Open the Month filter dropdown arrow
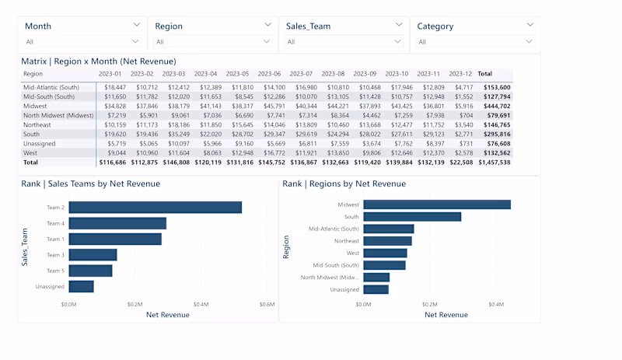tap(137, 26)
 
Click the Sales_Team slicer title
tap(308, 26)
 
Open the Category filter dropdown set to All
tap(475, 41)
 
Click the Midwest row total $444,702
tap(495, 106)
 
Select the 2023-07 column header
tap(302, 73)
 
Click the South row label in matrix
tap(32, 134)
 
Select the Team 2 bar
tap(155, 208)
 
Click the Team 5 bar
tap(90, 271)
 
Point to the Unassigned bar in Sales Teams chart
tap(81, 287)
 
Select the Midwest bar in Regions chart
tap(436, 204)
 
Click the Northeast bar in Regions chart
tap(387, 241)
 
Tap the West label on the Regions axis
tap(352, 253)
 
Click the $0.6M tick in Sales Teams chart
tap(267, 304)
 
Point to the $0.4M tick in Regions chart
tap(496, 304)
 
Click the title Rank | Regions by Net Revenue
tap(344, 183)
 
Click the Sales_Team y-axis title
tap(25, 247)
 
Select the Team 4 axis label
tap(55, 223)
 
